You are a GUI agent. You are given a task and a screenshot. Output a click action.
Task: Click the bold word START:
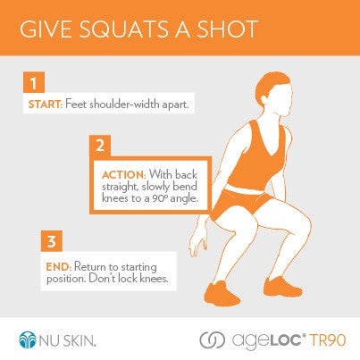46,105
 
